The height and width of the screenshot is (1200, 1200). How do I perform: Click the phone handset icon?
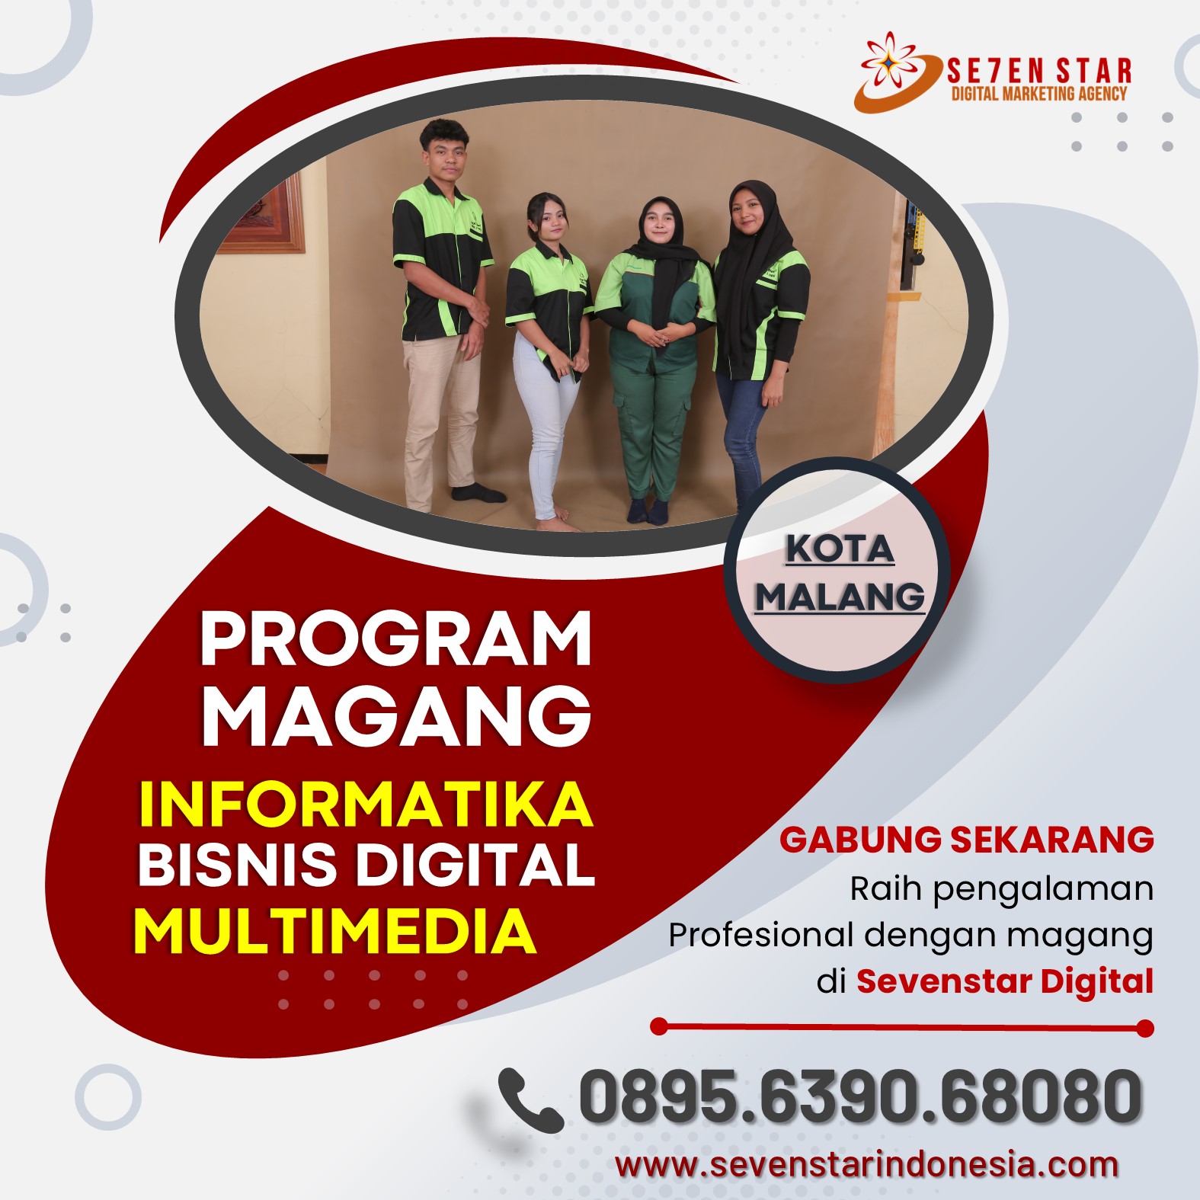pos(530,1100)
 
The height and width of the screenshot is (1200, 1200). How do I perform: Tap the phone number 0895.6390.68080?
pos(861,1097)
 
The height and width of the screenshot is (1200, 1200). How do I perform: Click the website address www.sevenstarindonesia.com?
pos(867,1165)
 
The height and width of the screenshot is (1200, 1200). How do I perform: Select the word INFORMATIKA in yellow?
pos(366,804)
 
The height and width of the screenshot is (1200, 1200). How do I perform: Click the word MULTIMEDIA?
pos(335,931)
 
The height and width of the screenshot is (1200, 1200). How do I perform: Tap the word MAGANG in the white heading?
pos(396,715)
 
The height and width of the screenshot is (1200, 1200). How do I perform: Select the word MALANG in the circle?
pos(840,596)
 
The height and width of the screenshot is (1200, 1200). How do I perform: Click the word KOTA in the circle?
pos(840,549)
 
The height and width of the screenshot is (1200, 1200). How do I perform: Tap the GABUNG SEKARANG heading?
pos(966,840)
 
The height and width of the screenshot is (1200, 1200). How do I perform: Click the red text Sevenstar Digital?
pos(1005,981)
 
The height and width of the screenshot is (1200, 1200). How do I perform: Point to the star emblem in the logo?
pos(890,59)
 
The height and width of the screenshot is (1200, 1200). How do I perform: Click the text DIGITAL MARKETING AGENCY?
pos(1039,94)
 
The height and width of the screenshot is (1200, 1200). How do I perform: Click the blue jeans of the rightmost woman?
pos(743,434)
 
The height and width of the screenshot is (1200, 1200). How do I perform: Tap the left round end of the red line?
pos(660,1026)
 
